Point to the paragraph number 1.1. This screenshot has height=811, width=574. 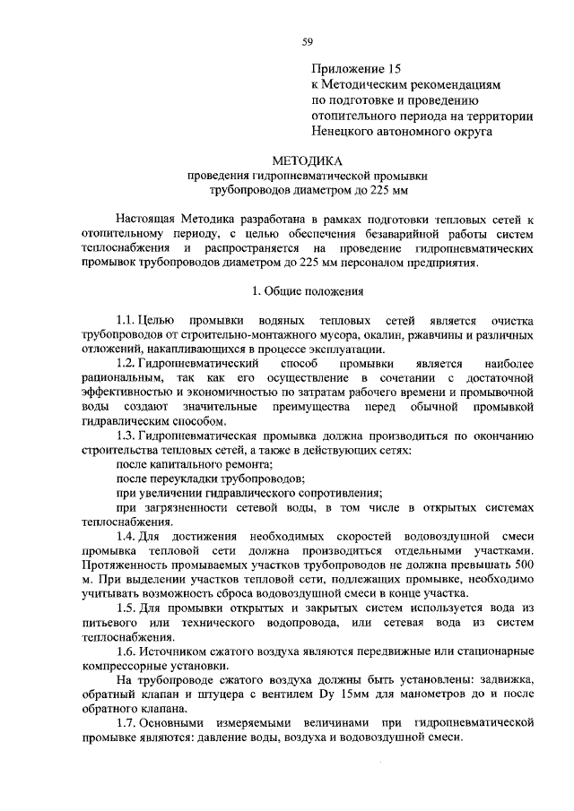[127, 320]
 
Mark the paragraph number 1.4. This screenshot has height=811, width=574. [127, 536]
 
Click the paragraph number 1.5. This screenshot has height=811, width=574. [127, 608]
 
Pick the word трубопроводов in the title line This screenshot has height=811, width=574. [249, 190]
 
